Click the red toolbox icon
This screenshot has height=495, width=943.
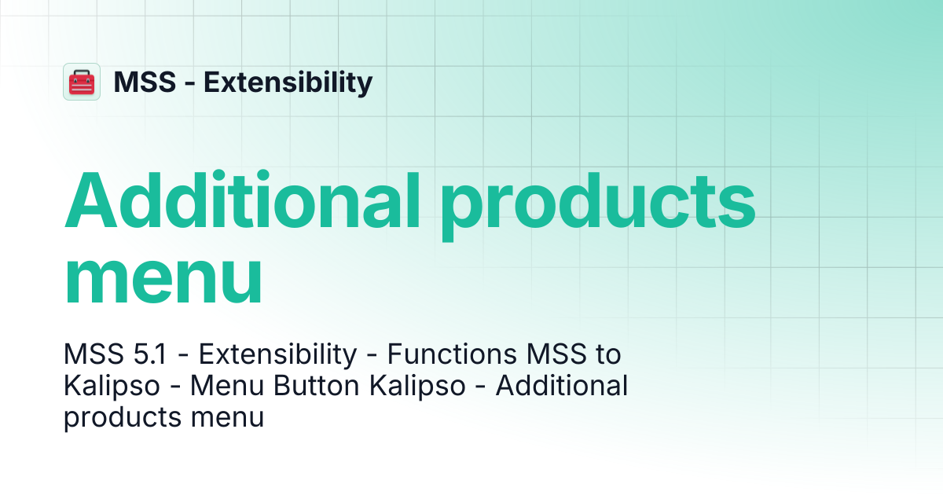pyautogui.click(x=82, y=82)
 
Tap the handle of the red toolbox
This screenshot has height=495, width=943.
pyautogui.click(x=82, y=73)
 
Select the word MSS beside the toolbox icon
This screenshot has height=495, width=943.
pyautogui.click(x=145, y=82)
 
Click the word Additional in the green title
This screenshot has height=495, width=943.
pyautogui.click(x=242, y=200)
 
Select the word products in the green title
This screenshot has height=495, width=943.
pyautogui.click(x=598, y=206)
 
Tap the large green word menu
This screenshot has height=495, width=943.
pyautogui.click(x=163, y=279)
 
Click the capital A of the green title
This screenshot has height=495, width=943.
pyautogui.click(x=90, y=200)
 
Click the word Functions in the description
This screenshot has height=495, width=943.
pyautogui.click(x=452, y=354)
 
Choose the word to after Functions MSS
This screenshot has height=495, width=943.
pyautogui.click(x=608, y=354)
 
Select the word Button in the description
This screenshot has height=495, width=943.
pyautogui.click(x=316, y=386)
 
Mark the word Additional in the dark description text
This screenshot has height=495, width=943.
pyautogui.click(x=562, y=385)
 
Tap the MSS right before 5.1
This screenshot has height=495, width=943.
pyautogui.click(x=94, y=354)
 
